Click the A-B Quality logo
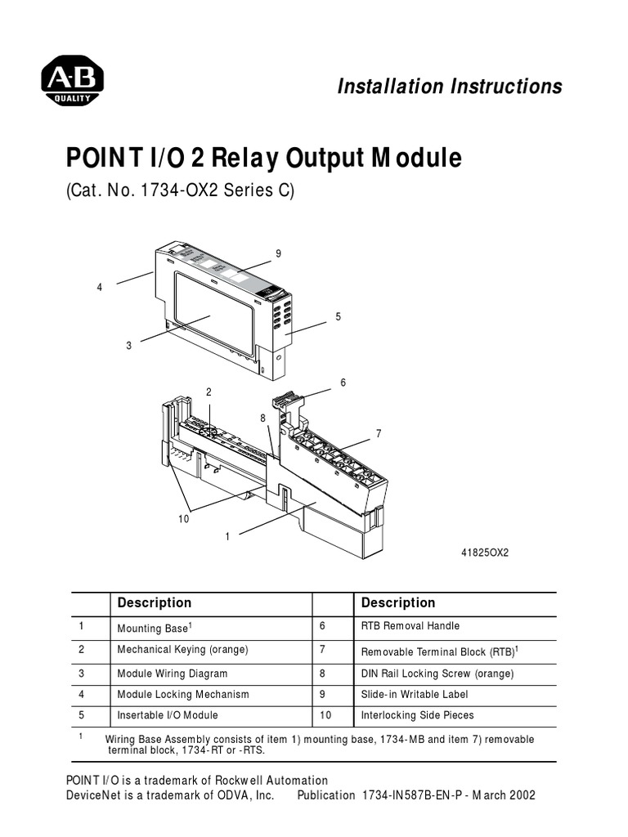pyautogui.click(x=72, y=83)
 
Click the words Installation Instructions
pyautogui.click(x=450, y=87)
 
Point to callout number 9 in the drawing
pyautogui.click(x=278, y=254)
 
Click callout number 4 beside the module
pyautogui.click(x=99, y=288)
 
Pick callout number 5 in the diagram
pyautogui.click(x=338, y=316)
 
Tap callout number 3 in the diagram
pyautogui.click(x=128, y=346)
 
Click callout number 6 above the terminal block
pyautogui.click(x=343, y=383)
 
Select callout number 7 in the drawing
pyautogui.click(x=379, y=433)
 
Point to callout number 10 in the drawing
pyautogui.click(x=184, y=519)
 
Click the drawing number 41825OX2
pyautogui.click(x=485, y=553)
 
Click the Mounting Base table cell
pyautogui.click(x=155, y=628)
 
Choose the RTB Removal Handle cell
pyautogui.click(x=410, y=626)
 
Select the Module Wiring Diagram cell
pyautogui.click(x=173, y=674)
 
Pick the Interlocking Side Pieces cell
pyautogui.click(x=417, y=715)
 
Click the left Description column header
pyautogui.click(x=155, y=603)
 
